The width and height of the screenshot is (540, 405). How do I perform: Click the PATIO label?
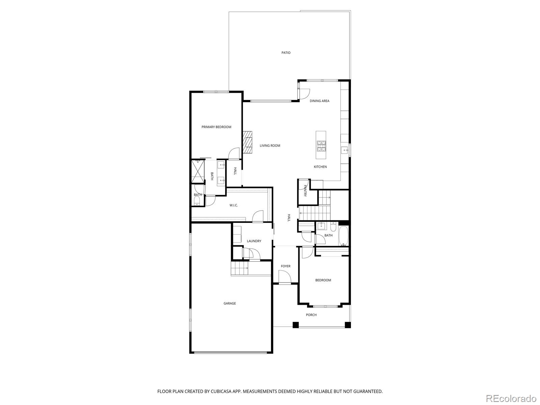pyautogui.click(x=286, y=53)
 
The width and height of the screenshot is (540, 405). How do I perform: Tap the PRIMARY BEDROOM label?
pyautogui.click(x=216, y=127)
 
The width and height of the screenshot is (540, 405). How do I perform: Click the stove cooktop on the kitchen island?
pyautogui.click(x=321, y=145)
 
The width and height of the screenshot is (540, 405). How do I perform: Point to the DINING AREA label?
pyautogui.click(x=320, y=101)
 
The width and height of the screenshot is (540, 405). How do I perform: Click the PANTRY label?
pyautogui.click(x=305, y=191)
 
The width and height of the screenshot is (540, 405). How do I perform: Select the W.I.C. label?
pyautogui.click(x=234, y=205)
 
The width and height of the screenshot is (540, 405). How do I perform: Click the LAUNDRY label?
pyautogui.click(x=254, y=241)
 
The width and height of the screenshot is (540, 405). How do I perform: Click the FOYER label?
pyautogui.click(x=286, y=266)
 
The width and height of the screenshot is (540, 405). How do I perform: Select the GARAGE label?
pyautogui.click(x=230, y=303)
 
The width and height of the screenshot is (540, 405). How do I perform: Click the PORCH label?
pyautogui.click(x=311, y=315)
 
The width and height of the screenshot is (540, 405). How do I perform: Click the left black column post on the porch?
pyautogui.click(x=296, y=325)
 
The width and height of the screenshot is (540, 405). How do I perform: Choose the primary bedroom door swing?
pyautogui.click(x=234, y=155)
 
